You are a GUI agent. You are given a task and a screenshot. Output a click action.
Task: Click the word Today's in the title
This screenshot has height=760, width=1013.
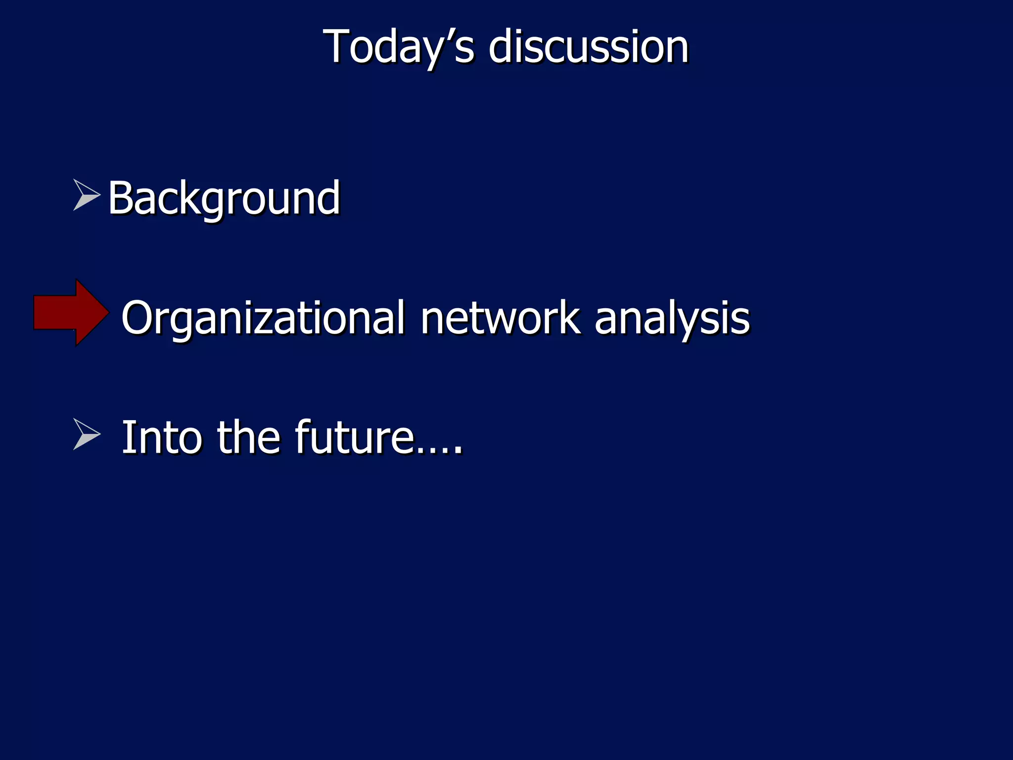tap(398, 47)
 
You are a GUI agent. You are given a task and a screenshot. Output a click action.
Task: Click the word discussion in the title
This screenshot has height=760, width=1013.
tap(589, 47)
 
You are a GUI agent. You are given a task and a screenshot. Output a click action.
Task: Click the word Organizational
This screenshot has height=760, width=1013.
tap(263, 319)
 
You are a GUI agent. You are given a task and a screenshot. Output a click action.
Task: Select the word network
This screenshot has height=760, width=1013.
tap(500, 319)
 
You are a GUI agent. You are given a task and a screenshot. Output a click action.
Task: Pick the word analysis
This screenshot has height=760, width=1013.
tap(672, 319)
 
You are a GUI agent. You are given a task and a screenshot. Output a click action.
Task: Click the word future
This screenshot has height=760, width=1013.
tap(354, 437)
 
